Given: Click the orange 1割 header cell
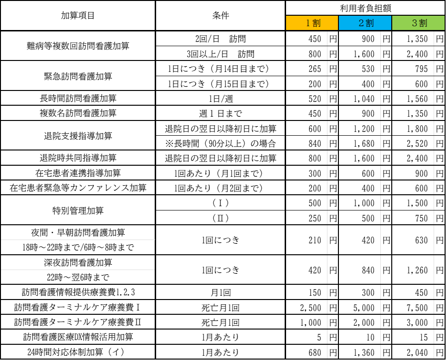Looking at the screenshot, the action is pos(312,23).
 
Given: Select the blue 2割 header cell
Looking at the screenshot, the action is pos(365,23).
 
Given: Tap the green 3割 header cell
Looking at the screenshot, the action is pos(418,23).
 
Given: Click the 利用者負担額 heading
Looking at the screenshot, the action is pos(366,8).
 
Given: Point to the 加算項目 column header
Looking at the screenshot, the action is pos(78,15).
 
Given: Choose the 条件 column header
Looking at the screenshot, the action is pos(220,15).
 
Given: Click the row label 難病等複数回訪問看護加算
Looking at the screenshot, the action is pos(78,46).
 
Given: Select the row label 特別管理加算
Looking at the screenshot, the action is pos(78,210).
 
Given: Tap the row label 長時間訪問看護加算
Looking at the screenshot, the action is pos(78,99).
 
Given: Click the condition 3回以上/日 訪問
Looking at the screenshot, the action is pos(220,54).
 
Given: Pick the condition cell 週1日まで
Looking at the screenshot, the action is pos(220,113).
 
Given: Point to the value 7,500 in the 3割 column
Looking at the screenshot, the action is pos(417,308).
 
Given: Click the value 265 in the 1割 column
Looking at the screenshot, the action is pos(315,69).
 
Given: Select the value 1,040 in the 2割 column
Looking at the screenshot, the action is pos(364,99).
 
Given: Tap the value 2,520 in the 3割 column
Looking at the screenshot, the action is pos(417,144).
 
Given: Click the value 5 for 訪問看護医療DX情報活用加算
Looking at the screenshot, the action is pos(319,338).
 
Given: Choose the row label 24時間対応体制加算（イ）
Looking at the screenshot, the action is pos(76,352).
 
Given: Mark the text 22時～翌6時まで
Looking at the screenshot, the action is pos(78,277).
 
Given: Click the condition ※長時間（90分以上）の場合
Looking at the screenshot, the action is pos(220,143).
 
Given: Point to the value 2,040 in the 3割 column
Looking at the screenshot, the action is pos(417,353).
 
